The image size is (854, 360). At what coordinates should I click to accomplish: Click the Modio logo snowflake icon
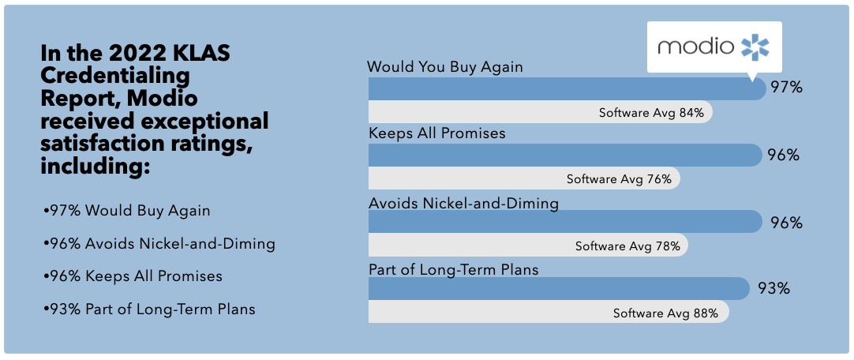(755, 47)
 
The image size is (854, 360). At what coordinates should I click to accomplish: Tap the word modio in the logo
(695, 46)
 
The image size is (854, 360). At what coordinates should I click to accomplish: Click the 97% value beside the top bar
(786, 87)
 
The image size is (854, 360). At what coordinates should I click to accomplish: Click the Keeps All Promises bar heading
(437, 133)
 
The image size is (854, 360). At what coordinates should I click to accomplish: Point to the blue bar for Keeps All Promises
(565, 156)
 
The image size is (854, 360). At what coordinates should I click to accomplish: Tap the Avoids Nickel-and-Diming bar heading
(463, 204)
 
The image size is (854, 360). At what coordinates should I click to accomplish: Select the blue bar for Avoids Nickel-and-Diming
(565, 222)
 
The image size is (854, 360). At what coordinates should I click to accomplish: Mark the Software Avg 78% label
(627, 246)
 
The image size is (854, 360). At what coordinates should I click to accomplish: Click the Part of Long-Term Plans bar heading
(454, 269)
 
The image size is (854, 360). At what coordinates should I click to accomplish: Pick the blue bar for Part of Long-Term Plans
(559, 288)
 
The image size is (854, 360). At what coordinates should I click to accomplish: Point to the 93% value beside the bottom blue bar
(774, 288)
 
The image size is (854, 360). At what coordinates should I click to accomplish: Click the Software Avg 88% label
(665, 313)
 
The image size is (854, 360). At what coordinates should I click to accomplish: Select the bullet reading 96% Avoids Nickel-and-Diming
(159, 244)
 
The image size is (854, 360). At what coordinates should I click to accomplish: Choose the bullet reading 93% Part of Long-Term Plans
(149, 309)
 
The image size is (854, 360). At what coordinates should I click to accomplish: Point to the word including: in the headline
(96, 166)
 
